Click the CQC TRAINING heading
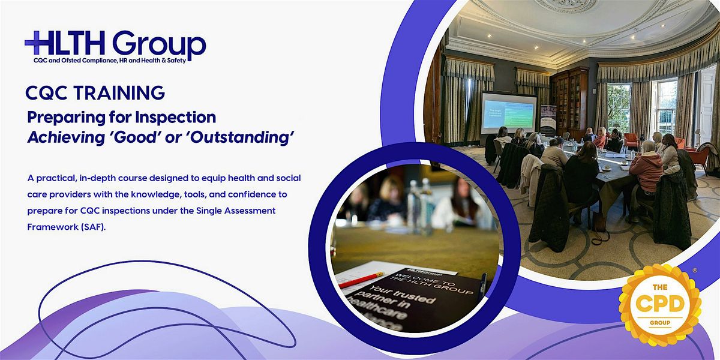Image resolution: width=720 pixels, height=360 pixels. click(x=95, y=93)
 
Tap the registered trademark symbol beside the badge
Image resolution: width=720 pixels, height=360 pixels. click(x=695, y=271)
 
